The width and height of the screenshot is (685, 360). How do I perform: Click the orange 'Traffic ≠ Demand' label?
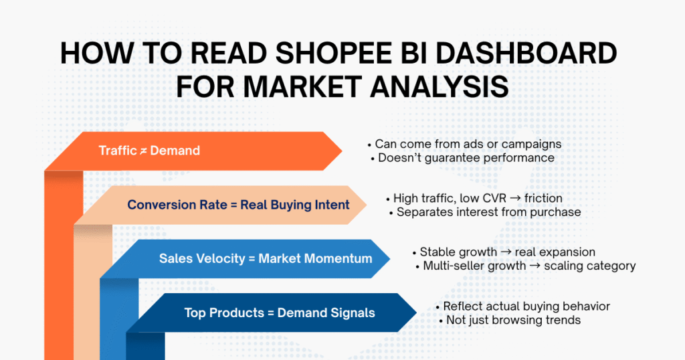[149, 151]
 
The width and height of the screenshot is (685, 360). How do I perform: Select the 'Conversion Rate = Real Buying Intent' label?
[238, 205]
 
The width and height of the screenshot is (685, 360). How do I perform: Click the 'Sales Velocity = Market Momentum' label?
[265, 258]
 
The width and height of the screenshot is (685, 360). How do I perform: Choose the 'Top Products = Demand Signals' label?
[280, 312]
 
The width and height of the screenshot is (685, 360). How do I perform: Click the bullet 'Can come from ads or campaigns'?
[464, 144]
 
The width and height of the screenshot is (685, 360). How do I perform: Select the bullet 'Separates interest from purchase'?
[484, 212]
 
